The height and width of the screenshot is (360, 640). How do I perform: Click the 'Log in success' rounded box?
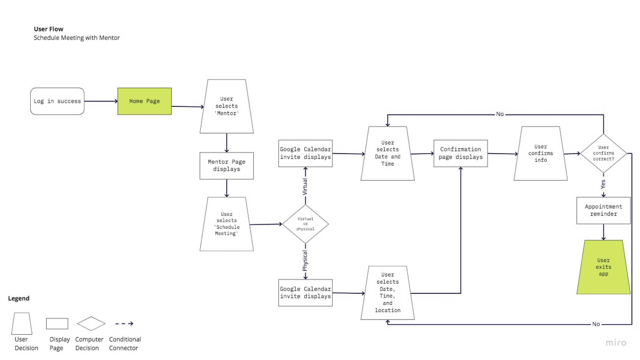tap(57, 101)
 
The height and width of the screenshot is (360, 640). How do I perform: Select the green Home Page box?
tap(144, 101)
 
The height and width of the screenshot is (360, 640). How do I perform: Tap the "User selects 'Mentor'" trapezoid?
tap(227, 106)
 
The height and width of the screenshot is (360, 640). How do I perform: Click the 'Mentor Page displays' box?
tap(227, 166)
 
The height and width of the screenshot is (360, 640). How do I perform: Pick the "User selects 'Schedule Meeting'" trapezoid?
tap(227, 224)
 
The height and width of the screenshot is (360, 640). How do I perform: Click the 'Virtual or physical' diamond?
tap(305, 224)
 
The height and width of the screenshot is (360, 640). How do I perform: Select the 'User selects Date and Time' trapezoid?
tap(387, 153)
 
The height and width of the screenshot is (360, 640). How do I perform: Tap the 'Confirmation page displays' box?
tap(460, 153)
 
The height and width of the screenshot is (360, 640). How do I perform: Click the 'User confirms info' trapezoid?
tap(540, 153)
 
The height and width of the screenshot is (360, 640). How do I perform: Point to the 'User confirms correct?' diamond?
tap(603, 153)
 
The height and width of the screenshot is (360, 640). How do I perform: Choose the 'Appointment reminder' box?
tap(603, 210)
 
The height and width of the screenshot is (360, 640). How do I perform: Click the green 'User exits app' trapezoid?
tap(603, 267)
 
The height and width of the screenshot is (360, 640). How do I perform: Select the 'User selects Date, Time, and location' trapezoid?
tap(387, 293)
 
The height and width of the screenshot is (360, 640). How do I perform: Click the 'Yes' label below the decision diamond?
tap(603, 184)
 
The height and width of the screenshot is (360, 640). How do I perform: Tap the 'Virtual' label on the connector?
tap(305, 187)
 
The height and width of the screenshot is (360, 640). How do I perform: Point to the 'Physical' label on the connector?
tap(305, 261)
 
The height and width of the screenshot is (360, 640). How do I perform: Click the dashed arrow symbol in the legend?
tap(124, 323)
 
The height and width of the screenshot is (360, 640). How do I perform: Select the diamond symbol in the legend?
tap(91, 323)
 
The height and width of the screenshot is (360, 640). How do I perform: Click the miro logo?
tap(616, 343)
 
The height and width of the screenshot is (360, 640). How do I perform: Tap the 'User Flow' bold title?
tap(49, 29)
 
